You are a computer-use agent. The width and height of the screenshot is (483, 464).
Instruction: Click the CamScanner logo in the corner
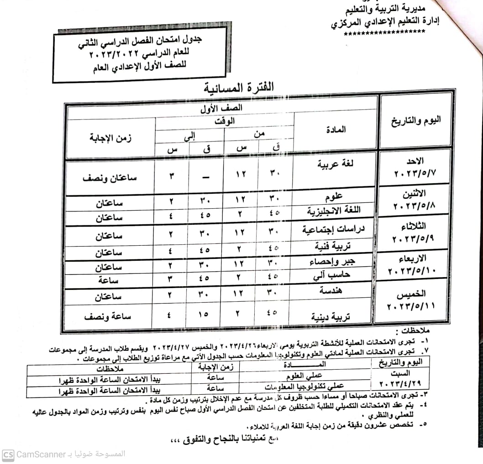(x=8, y=454)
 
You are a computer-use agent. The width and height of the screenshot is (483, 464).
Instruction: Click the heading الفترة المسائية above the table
(x=239, y=88)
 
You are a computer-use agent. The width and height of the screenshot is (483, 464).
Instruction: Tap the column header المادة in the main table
(x=336, y=130)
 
